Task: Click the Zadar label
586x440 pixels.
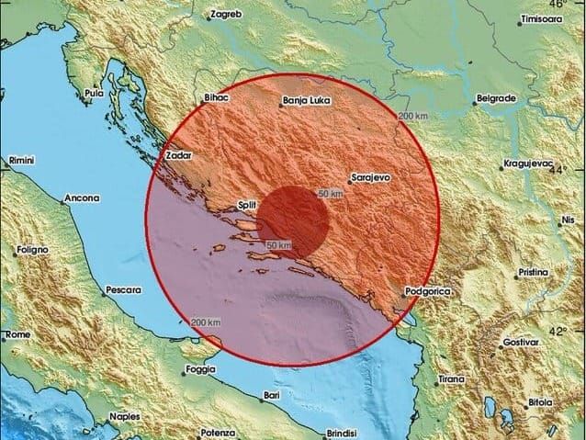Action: pos(177,155)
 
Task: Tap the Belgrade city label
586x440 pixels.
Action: pos(495,97)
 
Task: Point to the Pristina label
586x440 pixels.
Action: pos(532,273)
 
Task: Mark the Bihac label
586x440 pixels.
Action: pos(214,99)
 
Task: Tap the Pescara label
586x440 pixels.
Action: pos(124,289)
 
